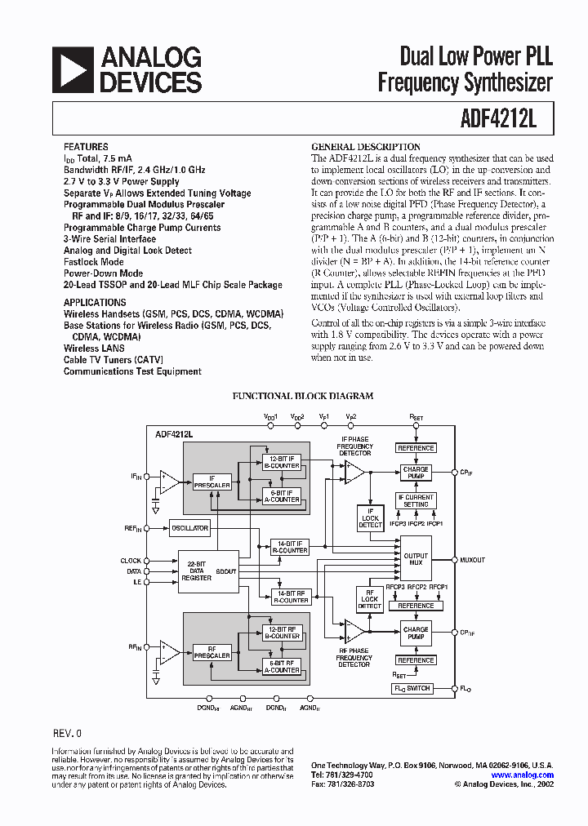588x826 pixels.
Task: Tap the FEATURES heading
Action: click(86, 148)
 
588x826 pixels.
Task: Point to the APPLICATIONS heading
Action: click(96, 302)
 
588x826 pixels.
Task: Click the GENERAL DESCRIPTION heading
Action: click(366, 147)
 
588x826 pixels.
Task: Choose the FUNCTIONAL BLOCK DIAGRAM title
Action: click(303, 396)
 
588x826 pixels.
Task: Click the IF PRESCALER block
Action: click(212, 482)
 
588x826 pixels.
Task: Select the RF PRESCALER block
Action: click(212, 652)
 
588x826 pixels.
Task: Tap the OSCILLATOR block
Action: click(189, 528)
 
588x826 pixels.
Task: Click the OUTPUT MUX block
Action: click(416, 559)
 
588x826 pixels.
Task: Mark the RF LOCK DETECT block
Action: click(370, 601)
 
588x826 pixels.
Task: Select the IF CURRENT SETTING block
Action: click(416, 500)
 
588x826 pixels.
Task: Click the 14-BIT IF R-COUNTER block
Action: click(290, 547)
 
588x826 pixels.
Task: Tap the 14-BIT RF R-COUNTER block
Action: click(290, 597)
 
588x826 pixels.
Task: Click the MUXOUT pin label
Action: click(473, 560)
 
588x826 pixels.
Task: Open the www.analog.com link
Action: click(523, 775)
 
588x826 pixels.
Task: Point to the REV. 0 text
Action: click(67, 734)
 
